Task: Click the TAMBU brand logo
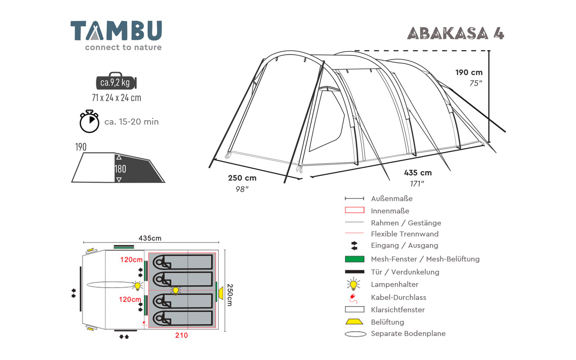(116, 35)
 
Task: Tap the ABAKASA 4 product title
(455, 33)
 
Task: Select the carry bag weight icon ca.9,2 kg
(116, 81)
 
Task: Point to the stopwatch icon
(89, 121)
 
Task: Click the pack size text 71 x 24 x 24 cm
(117, 98)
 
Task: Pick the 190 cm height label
(469, 72)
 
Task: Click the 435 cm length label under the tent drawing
(418, 172)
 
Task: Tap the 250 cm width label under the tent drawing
(242, 178)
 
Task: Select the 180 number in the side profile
(120, 169)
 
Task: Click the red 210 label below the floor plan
(181, 335)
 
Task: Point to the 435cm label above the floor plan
(150, 238)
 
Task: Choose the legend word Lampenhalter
(395, 284)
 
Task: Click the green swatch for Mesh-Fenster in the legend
(354, 259)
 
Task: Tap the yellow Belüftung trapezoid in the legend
(354, 322)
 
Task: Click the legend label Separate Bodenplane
(408, 333)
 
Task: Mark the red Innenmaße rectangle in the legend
(355, 210)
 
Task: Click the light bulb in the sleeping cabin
(176, 291)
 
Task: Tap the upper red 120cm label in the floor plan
(131, 260)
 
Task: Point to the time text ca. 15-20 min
(131, 122)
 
